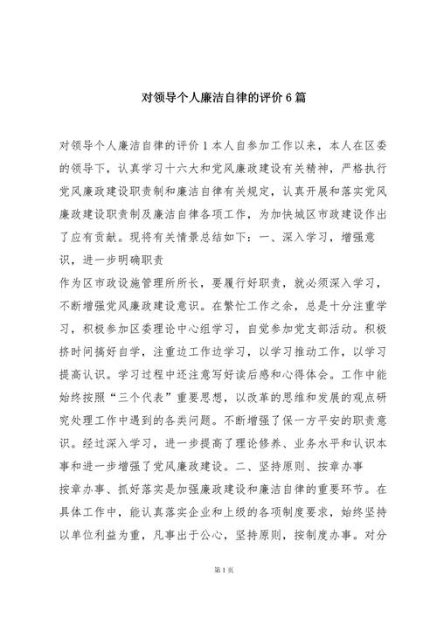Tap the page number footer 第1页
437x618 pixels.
pyautogui.click(x=218, y=594)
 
